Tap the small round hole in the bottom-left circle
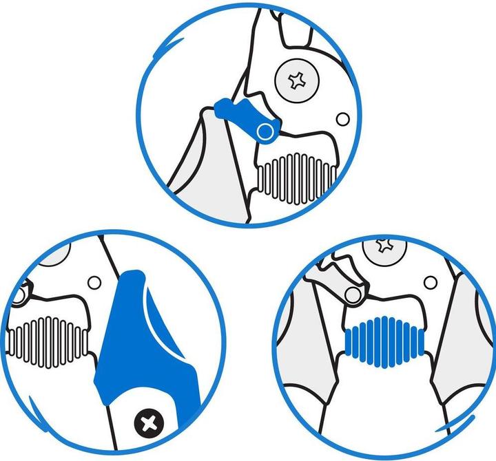click(x=94, y=282)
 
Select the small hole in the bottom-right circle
click(x=431, y=281)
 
